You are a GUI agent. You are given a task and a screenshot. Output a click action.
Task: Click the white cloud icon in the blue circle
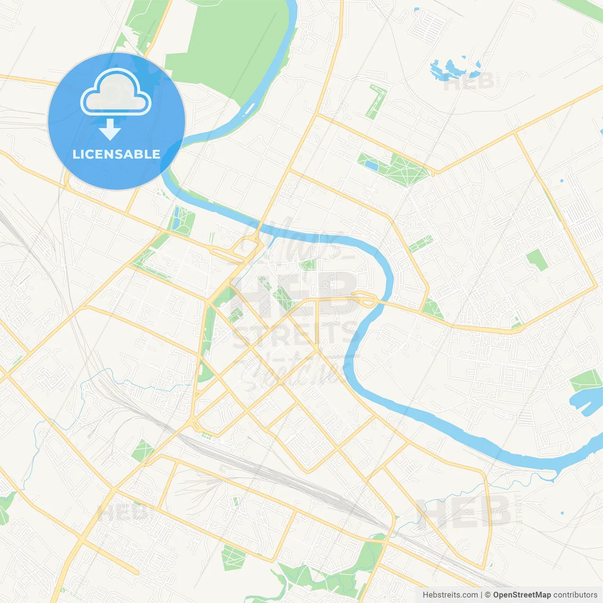pyautogui.click(x=116, y=92)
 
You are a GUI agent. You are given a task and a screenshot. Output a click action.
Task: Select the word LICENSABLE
pyautogui.click(x=116, y=154)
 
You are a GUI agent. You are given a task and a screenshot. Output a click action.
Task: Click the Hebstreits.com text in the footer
pyautogui.click(x=450, y=595)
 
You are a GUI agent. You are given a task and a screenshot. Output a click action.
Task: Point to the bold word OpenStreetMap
pyautogui.click(x=522, y=595)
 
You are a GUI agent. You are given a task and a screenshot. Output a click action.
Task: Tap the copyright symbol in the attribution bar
pyautogui.click(x=488, y=595)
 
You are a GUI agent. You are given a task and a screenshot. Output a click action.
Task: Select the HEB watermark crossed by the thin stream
pyautogui.click(x=464, y=511)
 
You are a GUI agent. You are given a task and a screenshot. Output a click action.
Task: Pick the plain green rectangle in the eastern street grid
pyautogui.click(x=537, y=260)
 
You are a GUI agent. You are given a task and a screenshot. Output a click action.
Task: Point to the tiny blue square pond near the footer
pyautogui.click(x=562, y=513)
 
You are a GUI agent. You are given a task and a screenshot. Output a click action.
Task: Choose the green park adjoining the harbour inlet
pyautogui.click(x=586, y=380)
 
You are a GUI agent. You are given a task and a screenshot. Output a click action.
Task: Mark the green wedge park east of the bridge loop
pyautogui.click(x=432, y=309)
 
